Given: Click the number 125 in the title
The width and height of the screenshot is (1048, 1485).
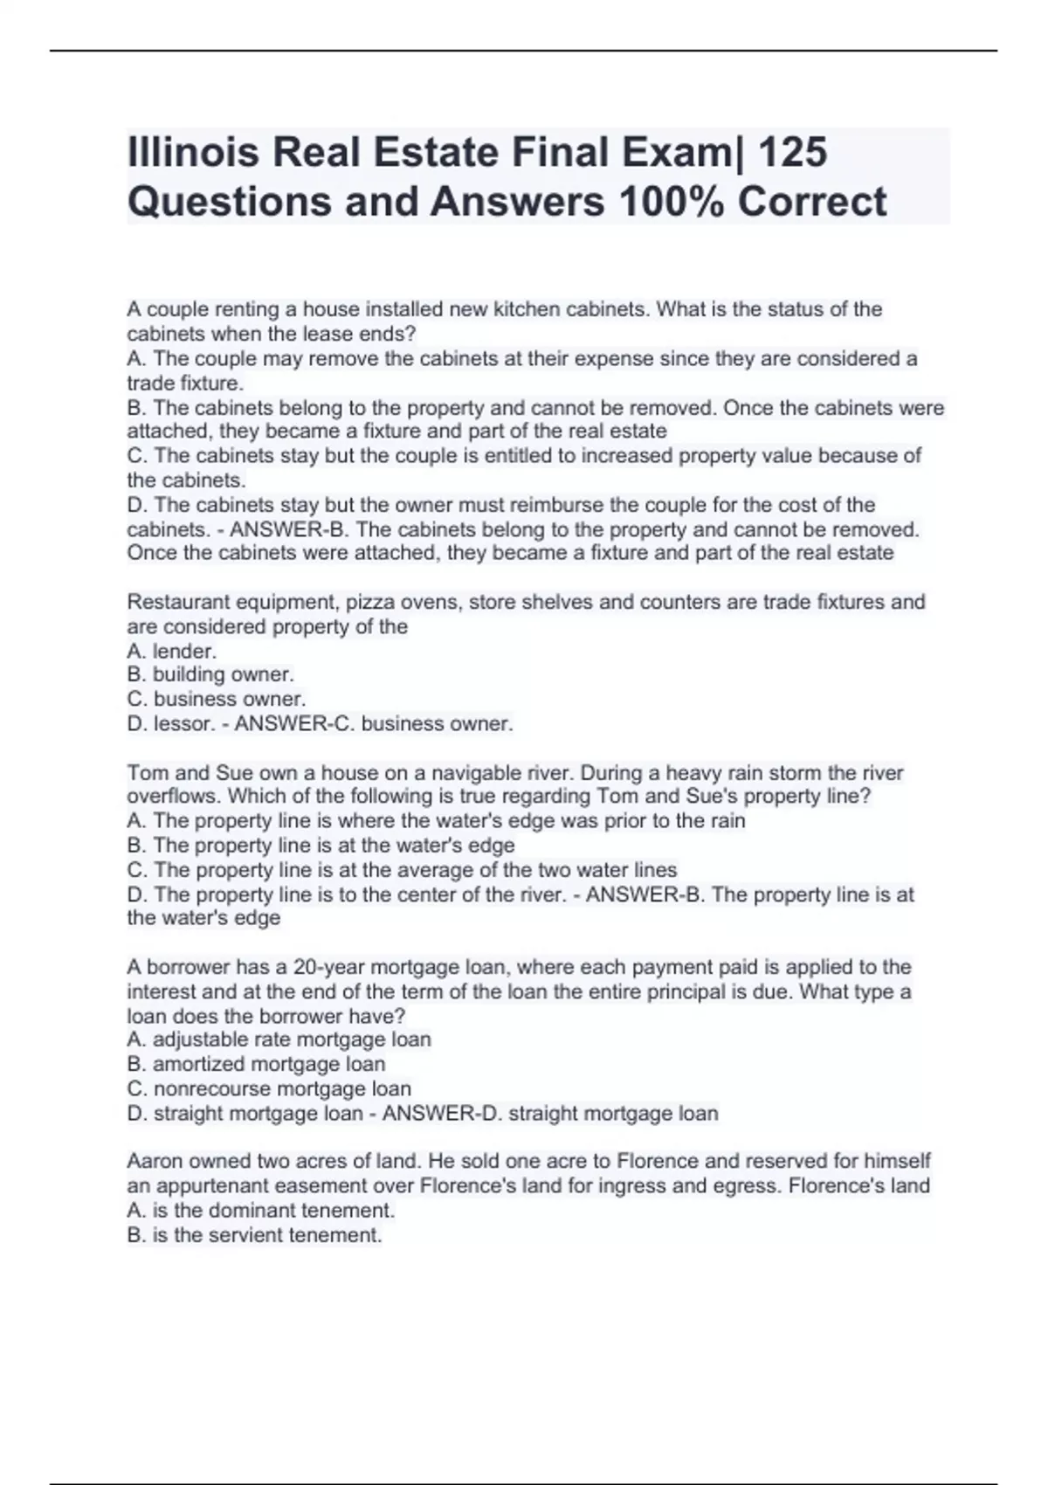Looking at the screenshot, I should coord(794,152).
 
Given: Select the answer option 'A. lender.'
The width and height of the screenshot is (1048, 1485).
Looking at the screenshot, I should coord(172,651).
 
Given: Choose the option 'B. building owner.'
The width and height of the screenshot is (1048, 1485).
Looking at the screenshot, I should coord(210,674).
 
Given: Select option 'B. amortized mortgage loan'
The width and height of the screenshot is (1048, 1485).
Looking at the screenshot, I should coord(256,1064).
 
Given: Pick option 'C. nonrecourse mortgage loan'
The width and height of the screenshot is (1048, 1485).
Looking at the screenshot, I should coord(269,1088).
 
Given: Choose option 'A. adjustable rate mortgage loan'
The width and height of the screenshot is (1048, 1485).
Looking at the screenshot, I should coord(279,1039).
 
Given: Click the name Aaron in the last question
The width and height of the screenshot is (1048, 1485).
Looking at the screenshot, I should coord(154,1161).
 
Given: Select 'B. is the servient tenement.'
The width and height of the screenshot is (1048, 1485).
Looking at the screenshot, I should coord(254,1235).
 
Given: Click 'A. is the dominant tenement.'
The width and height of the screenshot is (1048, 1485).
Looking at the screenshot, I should coord(260,1211).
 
